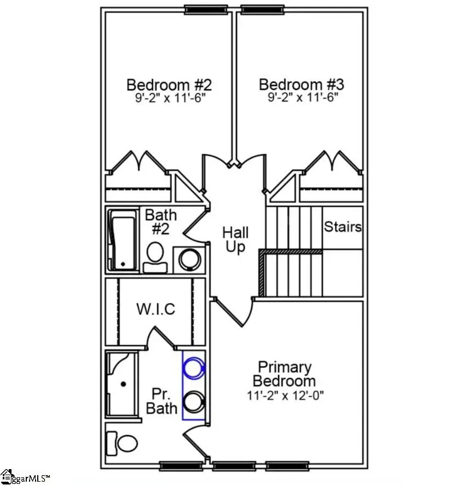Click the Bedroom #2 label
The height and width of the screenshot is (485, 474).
click(x=169, y=85)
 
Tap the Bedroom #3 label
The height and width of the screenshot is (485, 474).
click(x=301, y=85)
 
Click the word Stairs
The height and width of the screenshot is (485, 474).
click(x=343, y=227)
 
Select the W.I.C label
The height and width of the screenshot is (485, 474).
click(x=156, y=309)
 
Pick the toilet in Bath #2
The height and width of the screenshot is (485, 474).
click(x=155, y=255)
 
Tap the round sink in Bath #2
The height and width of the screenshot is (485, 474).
click(x=190, y=259)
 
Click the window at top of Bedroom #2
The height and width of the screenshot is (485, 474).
click(x=206, y=9)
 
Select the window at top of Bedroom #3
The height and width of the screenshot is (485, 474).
click(x=263, y=9)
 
